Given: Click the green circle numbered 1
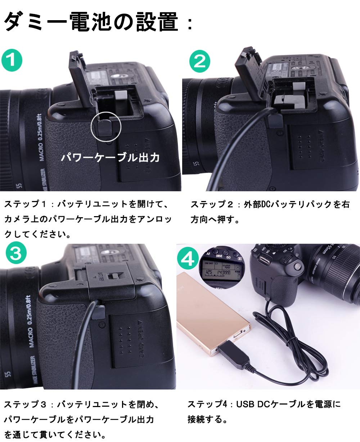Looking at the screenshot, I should coord(12,60).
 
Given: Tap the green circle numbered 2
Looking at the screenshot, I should coord(199,61).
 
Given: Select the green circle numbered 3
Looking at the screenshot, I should coord(15,254).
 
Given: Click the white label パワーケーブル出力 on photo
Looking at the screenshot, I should coord(110,157).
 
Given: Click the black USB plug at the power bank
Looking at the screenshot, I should coord(230,355).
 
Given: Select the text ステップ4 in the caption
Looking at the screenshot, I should coord(207,404).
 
